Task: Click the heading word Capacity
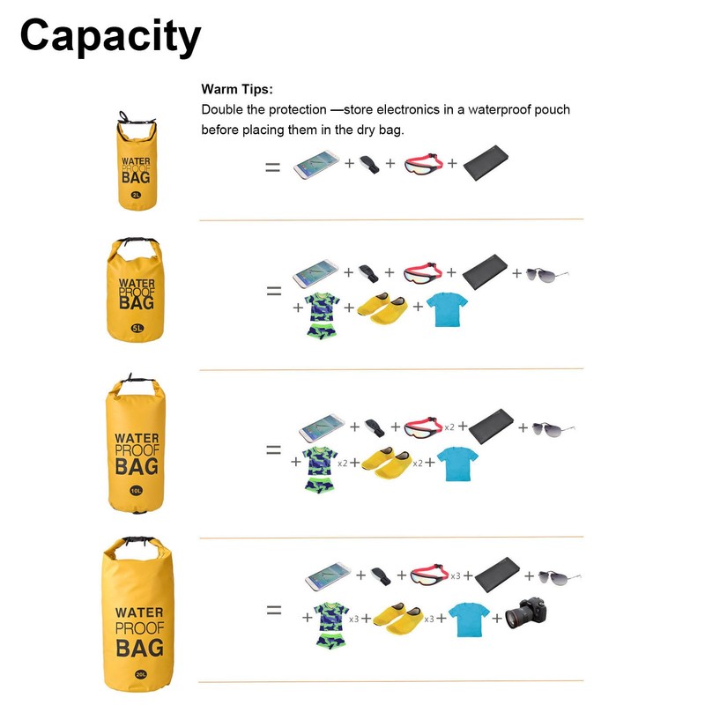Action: [x=110, y=37]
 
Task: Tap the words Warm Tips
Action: [x=237, y=89]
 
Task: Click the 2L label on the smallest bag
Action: [x=136, y=195]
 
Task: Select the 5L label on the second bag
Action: [x=137, y=328]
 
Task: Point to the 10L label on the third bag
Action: [x=137, y=491]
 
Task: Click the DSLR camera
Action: [x=528, y=613]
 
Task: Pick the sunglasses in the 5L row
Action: [x=547, y=273]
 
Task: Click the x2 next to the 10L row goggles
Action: [x=449, y=427]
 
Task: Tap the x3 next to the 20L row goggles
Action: [x=456, y=575]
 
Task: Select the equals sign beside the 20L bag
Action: [x=274, y=610]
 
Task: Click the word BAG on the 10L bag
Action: [x=137, y=465]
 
